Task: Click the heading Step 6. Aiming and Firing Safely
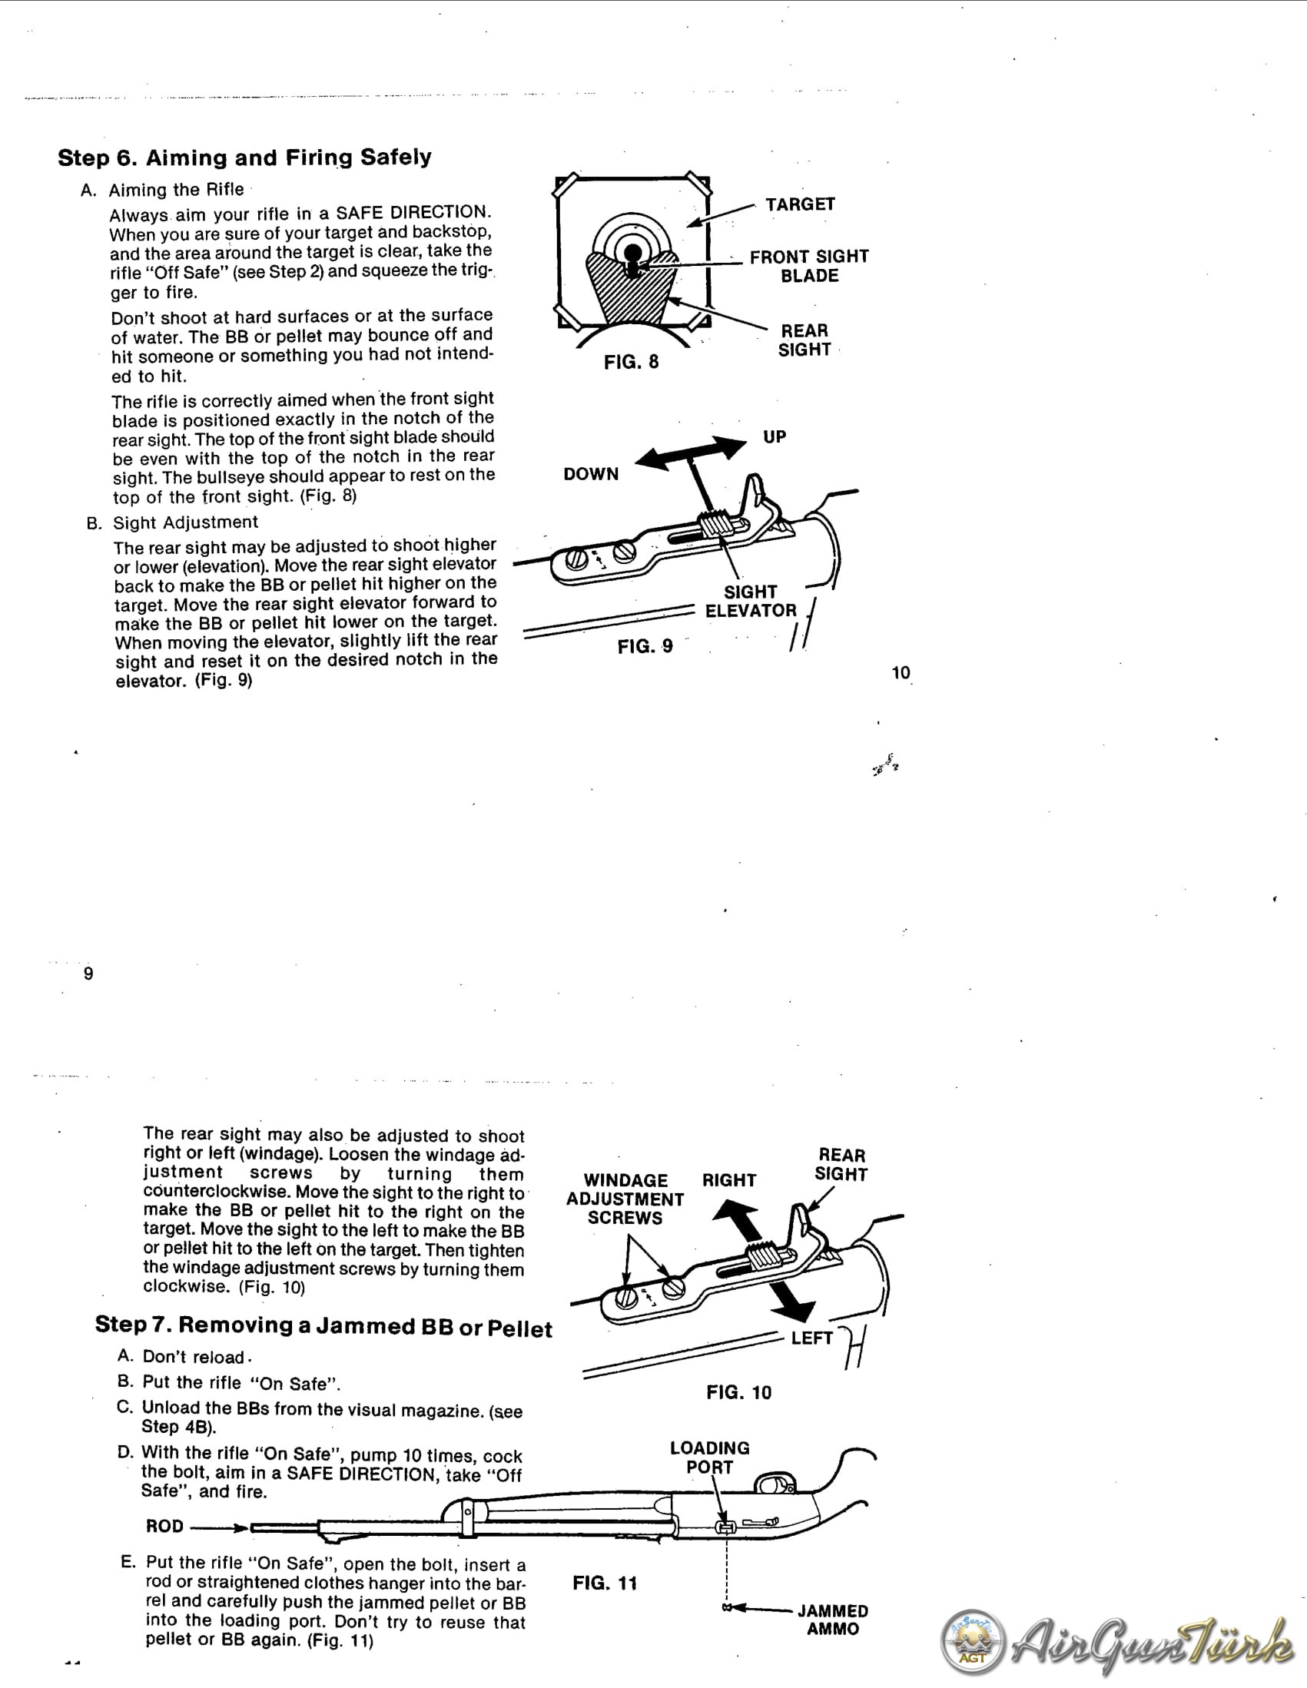(244, 158)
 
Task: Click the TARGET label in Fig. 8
(800, 204)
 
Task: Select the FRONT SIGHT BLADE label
(808, 266)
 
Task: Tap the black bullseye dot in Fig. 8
(632, 252)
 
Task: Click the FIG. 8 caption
(631, 362)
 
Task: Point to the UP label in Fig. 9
(774, 436)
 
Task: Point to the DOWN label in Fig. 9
(591, 474)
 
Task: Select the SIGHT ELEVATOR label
(750, 602)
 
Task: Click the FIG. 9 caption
(645, 646)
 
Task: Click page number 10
(901, 672)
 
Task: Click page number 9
(88, 974)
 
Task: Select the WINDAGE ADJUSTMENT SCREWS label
(625, 1199)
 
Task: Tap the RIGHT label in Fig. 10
(728, 1180)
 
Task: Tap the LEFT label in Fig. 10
(811, 1338)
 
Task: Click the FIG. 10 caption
(738, 1392)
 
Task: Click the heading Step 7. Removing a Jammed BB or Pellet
(323, 1326)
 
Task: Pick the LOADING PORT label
(708, 1457)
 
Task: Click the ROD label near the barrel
(164, 1526)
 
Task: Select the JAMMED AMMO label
(832, 1619)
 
